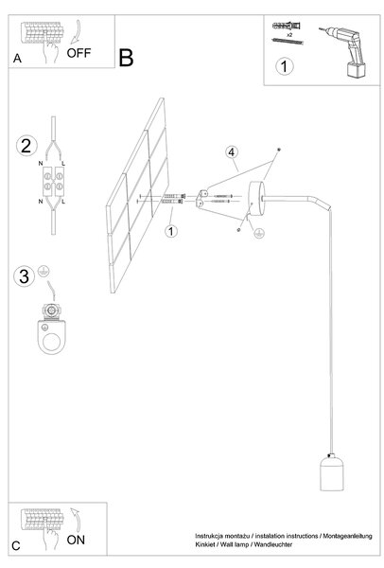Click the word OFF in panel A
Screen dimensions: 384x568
click(x=79, y=53)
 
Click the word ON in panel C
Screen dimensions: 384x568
click(x=76, y=540)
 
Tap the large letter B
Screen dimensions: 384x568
click(x=126, y=58)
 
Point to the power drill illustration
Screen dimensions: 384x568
click(x=344, y=51)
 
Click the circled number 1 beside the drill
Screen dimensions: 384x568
click(x=284, y=66)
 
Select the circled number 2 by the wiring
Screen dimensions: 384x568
click(x=26, y=146)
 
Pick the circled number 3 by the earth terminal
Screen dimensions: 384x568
click(x=24, y=276)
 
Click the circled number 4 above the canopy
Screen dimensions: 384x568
click(x=232, y=151)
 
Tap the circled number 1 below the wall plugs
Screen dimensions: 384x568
click(x=171, y=231)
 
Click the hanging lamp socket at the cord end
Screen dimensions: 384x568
click(x=331, y=472)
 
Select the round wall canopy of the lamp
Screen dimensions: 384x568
click(x=256, y=198)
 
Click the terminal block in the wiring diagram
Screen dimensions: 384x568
click(x=54, y=181)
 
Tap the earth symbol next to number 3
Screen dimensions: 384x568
click(x=44, y=272)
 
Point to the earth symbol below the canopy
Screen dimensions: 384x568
click(x=259, y=234)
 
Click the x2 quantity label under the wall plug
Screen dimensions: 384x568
click(x=289, y=35)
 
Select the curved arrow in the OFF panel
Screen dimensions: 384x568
click(x=77, y=32)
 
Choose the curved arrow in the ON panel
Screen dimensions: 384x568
click(x=76, y=520)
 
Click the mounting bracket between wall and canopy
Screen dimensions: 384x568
click(x=201, y=199)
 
